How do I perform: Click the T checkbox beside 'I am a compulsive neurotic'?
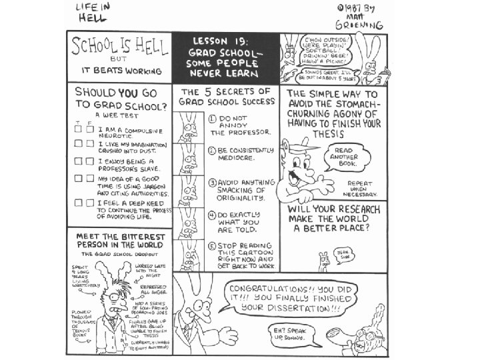[78, 130]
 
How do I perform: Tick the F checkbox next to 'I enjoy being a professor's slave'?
[89, 161]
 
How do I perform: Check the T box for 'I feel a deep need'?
[78, 202]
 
